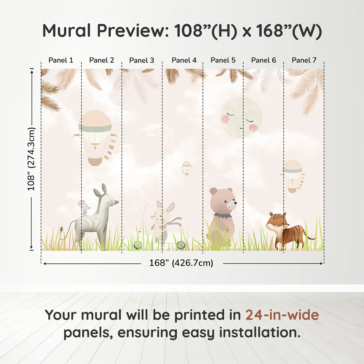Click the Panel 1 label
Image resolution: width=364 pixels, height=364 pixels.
[x=61, y=60]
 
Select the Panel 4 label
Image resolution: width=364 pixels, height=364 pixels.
[x=184, y=60]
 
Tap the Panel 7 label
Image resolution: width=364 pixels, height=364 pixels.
[x=304, y=60]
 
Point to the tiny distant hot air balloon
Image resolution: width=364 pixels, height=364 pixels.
[x=186, y=168]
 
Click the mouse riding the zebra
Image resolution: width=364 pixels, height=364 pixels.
[x=84, y=208]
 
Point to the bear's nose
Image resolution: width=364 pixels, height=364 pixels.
[x=235, y=203]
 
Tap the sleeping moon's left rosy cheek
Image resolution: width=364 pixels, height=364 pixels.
[x=225, y=119]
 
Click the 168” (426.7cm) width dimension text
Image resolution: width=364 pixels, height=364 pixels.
[x=181, y=263]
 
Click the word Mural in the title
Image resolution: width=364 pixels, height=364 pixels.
[x=67, y=30]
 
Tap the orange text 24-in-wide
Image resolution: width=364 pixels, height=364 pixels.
[x=282, y=315]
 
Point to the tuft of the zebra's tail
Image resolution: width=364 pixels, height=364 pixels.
[x=62, y=230]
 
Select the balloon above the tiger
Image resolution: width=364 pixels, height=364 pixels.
[x=292, y=176]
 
